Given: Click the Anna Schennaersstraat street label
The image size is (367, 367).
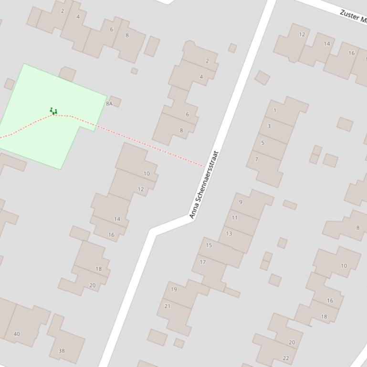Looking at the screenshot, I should pyautogui.click(x=204, y=185).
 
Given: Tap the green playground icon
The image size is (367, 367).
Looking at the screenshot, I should pyautogui.click(x=53, y=112).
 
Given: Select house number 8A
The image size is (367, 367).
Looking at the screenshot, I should pyautogui.click(x=109, y=103).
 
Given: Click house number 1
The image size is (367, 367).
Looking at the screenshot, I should pyautogui.click(x=275, y=111).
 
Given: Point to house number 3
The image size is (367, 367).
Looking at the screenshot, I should pyautogui.click(x=269, y=126).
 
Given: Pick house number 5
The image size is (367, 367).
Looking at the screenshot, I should pyautogui.click(x=262, y=143).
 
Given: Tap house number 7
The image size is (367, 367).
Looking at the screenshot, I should pyautogui.click(x=256, y=159).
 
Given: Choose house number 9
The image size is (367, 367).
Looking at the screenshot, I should pyautogui.click(x=241, y=202).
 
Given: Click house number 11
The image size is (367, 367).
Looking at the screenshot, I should pyautogui.click(x=234, y=218).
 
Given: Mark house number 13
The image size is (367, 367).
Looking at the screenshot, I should pyautogui.click(x=229, y=234).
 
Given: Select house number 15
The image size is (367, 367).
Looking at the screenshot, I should pyautogui.click(x=209, y=245).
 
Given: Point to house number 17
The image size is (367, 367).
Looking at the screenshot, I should pyautogui.click(x=203, y=262).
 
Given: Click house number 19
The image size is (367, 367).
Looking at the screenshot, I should pyautogui.click(x=174, y=289).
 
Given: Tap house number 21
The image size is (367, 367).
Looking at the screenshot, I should pyautogui.click(x=167, y=306).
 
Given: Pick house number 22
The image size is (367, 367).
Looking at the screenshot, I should pyautogui.click(x=286, y=358).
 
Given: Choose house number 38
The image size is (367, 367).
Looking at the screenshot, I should pyautogui.click(x=62, y=351).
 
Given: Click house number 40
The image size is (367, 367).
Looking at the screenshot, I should pyautogui.click(x=17, y=334).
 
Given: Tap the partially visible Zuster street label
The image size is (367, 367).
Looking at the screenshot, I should pyautogui.click(x=353, y=16).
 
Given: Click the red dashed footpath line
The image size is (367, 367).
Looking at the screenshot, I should pyautogui.click(x=143, y=143).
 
